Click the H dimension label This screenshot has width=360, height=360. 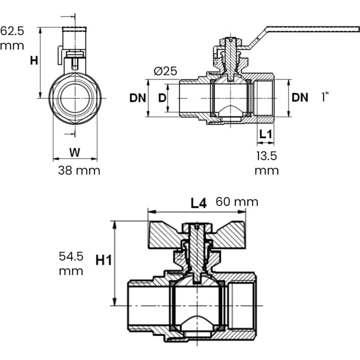tap(34, 61)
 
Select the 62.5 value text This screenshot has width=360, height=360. tap(12, 31)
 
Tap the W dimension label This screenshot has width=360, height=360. tap(75, 153)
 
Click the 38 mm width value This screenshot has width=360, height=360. tap(79, 171)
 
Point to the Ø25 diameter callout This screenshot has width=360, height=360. tap(165, 71)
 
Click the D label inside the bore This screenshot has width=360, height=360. tap(162, 98)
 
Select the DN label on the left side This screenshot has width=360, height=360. tap(138, 98)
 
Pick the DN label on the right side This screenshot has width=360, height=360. tap(300, 98)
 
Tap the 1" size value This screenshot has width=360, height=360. tap(325, 97)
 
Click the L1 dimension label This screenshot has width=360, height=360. tap(265, 134)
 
